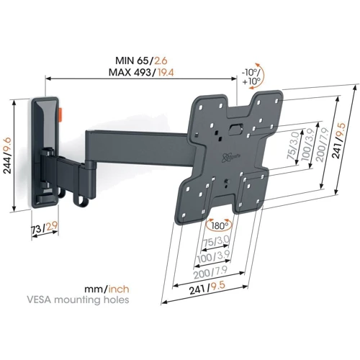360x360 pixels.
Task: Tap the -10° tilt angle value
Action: [250, 71]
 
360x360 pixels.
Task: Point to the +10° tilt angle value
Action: [250, 81]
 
